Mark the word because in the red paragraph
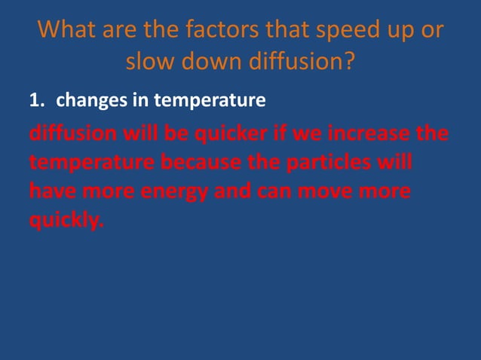[x=198, y=163]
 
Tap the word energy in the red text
[x=174, y=192]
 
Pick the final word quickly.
[x=64, y=221]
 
